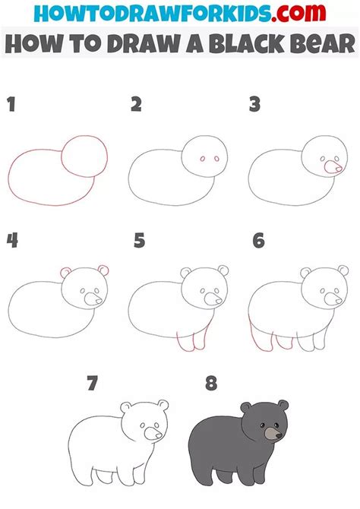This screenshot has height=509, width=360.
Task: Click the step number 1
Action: (x=11, y=105)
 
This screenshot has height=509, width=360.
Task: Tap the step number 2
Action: (x=136, y=105)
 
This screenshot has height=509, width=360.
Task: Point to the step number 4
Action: (x=12, y=242)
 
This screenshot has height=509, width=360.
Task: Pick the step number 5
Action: (x=139, y=242)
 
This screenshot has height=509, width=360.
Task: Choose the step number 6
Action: (x=258, y=242)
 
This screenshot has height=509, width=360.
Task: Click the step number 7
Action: (x=92, y=384)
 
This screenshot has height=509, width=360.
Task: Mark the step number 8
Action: (x=210, y=384)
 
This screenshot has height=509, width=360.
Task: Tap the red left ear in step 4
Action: (x=65, y=272)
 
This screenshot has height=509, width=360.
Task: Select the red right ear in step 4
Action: (x=103, y=270)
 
